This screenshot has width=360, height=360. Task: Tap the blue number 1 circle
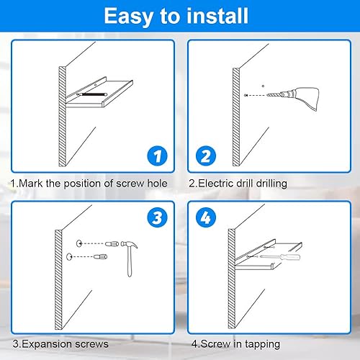pos(157,156)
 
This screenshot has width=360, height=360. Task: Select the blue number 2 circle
pos(206,156)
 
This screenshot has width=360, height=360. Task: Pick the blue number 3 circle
pos(157,217)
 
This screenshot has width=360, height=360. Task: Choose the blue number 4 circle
pos(206,217)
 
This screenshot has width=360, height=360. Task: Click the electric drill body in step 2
pos(304,98)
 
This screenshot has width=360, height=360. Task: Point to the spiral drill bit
pos(275,95)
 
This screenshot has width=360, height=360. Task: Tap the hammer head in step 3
pos(129,244)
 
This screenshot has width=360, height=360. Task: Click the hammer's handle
pos(130,261)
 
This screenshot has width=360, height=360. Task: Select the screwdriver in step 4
pos(280,257)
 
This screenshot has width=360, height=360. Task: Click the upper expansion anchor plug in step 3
pos(112,244)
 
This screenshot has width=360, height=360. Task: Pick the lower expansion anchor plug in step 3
pos(100,257)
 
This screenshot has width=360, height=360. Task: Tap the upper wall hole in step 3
pos(79,243)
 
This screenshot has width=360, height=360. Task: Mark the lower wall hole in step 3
pos(69,256)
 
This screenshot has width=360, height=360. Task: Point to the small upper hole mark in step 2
pos(263,86)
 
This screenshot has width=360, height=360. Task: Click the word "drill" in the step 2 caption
pos(245,184)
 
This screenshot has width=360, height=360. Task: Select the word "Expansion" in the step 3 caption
pos(43,344)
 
